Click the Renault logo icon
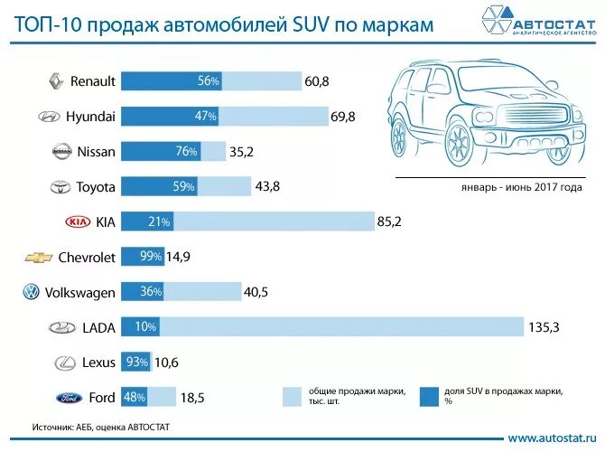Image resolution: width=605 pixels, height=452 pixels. click(54, 81)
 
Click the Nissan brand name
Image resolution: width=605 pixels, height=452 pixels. click(97, 152)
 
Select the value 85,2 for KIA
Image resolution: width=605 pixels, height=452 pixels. click(391, 221)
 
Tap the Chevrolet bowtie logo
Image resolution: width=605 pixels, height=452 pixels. click(38, 258)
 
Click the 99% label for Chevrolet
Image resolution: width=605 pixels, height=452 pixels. click(150, 257)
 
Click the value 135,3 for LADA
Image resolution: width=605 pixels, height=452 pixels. click(544, 327)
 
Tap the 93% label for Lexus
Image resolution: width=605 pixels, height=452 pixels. click(137, 363)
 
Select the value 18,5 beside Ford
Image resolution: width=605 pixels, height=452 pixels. click(194, 397)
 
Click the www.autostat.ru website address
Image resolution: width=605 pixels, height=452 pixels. click(552, 438)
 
